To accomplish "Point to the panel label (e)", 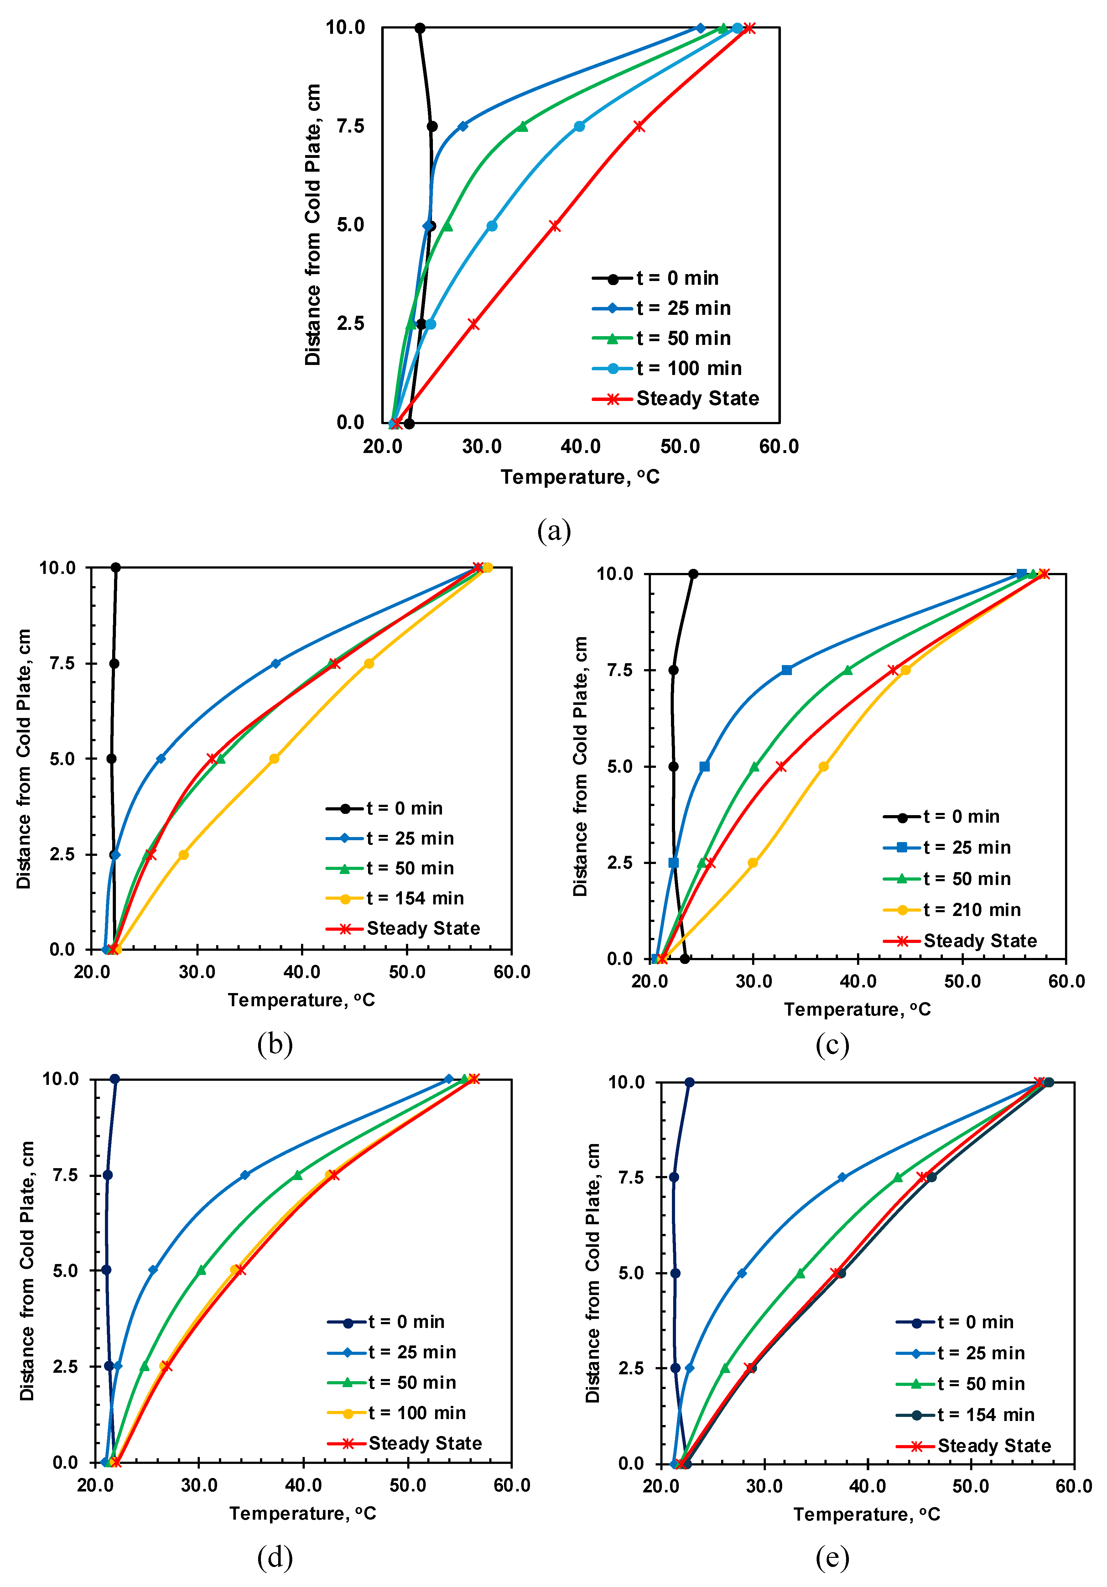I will (x=833, y=1557).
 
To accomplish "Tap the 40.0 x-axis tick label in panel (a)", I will (x=580, y=446).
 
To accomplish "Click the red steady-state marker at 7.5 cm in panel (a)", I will (x=639, y=127).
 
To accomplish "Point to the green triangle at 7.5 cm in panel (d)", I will (x=298, y=1175).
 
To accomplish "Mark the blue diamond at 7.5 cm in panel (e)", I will (x=842, y=1177).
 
